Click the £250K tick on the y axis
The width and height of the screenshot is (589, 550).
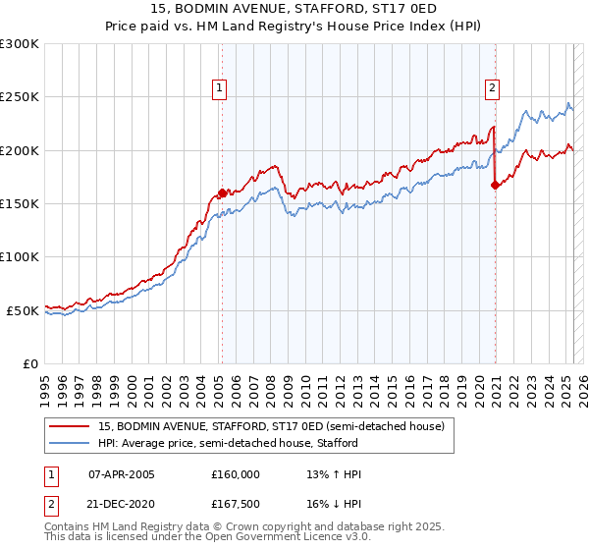(x=20, y=97)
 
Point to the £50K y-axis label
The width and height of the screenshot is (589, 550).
(x=23, y=310)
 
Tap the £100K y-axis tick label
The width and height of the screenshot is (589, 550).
(x=20, y=256)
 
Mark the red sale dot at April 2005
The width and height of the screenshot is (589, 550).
(x=222, y=193)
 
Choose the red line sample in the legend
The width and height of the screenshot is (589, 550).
(x=70, y=426)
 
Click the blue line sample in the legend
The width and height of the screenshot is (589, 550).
(x=70, y=443)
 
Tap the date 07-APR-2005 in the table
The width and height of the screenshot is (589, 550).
(x=122, y=474)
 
